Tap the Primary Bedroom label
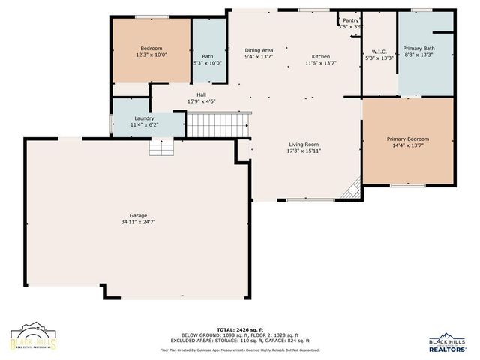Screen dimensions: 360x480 (408, 139)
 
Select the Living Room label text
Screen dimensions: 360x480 (304, 145)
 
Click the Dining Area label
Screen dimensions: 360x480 (259, 50)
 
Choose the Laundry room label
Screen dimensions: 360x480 (144, 118)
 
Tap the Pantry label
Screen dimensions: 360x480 (351, 20)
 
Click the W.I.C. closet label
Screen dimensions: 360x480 (378, 51)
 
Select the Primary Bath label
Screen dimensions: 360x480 (418, 48)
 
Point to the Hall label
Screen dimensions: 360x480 (201, 94)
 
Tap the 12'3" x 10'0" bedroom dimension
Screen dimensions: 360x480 (151, 55)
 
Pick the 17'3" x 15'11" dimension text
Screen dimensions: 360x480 (304, 151)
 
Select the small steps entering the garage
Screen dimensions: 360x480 (161, 148)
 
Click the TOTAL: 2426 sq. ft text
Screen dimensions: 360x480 (239, 329)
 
